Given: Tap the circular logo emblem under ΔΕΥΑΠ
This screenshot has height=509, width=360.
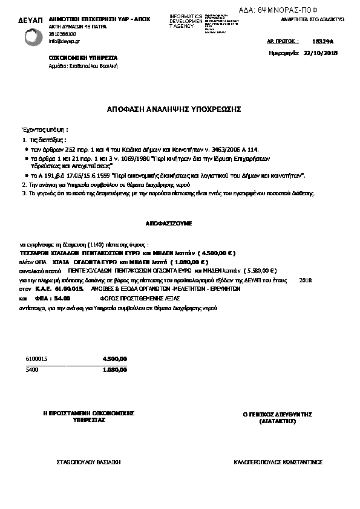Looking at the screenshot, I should point(34,37).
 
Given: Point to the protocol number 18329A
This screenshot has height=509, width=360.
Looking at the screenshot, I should point(327,44).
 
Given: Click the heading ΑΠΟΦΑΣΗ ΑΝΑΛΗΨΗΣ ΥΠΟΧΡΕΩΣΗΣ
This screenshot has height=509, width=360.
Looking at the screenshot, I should point(174,109).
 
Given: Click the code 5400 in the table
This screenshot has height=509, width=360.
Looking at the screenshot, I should point(32,369).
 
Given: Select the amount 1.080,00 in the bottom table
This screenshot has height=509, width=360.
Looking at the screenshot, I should point(115,369).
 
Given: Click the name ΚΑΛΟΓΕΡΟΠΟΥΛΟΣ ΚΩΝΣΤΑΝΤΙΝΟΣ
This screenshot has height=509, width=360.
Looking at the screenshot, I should point(278,461).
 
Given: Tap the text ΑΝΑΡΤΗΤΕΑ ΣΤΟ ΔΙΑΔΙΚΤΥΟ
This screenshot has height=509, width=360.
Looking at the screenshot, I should point(313,19).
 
